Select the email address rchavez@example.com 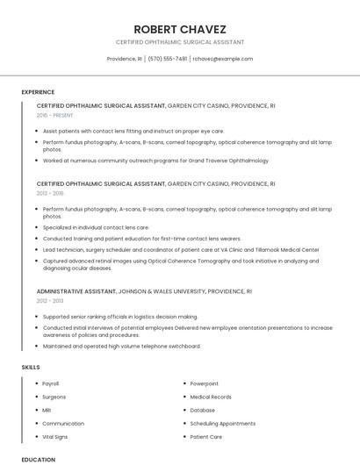[222, 59]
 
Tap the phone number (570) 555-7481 [167, 59]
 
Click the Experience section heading [38, 91]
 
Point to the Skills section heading [31, 367]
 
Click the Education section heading [38, 459]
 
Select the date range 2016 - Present [55, 115]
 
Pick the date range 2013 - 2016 [50, 193]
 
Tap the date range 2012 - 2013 [50, 300]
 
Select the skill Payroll [52, 383]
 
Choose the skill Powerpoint [205, 383]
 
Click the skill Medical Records [211, 397]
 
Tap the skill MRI [47, 410]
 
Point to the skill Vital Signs [55, 436]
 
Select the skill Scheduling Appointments [222, 423]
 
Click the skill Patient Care [206, 436]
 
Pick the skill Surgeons [54, 397]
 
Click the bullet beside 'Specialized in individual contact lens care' [38, 227]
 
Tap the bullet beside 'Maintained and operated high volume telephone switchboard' [38, 346]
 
